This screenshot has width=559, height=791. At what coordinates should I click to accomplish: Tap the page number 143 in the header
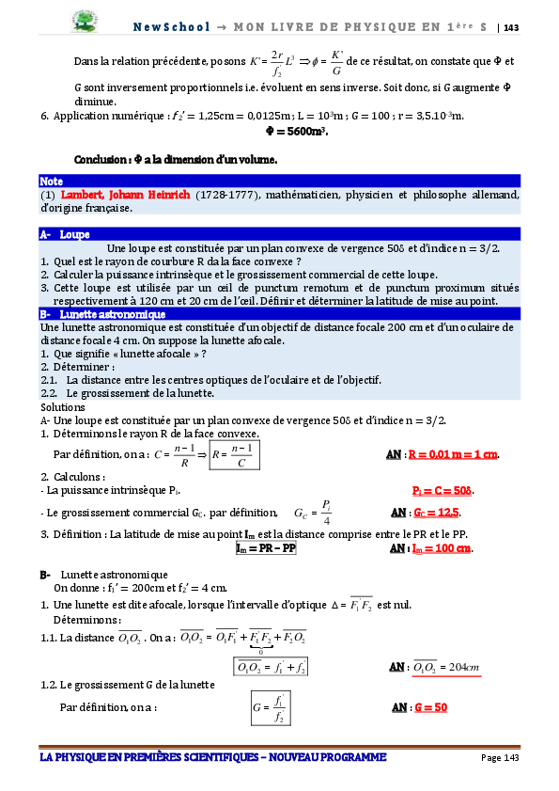click(511, 26)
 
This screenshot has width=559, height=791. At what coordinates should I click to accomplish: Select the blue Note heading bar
click(279, 181)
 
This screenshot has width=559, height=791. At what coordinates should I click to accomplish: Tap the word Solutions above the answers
click(63, 406)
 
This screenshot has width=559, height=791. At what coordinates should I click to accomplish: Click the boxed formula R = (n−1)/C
click(235, 456)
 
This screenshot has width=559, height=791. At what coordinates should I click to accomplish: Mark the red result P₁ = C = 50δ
click(444, 491)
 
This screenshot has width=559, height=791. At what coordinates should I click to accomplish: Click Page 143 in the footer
click(501, 757)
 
